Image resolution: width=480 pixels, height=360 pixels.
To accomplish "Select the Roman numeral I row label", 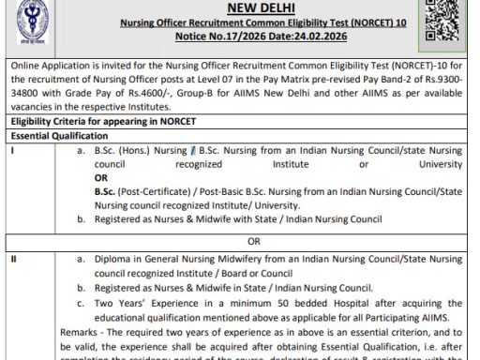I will pos(11,150).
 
